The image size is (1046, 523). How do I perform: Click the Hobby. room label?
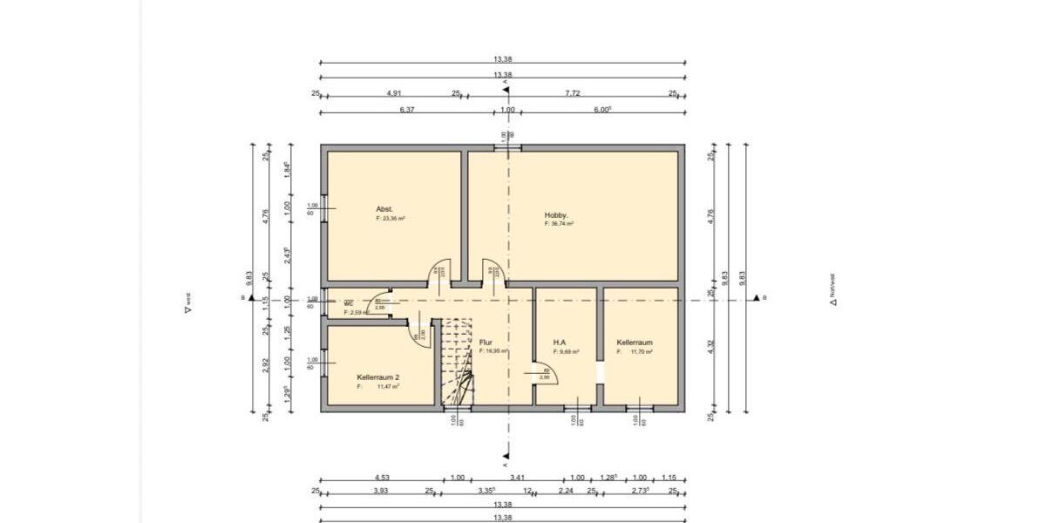point(556,214)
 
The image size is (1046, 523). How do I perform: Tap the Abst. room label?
point(384,209)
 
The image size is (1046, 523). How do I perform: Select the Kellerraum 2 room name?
point(378,377)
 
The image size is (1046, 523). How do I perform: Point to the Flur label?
point(486,343)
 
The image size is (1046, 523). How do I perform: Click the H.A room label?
point(560,343)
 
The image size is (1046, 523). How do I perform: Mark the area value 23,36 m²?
point(391,219)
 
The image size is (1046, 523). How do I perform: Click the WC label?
point(348,303)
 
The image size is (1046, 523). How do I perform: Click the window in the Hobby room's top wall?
point(507,148)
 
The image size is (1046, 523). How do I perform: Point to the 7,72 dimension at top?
point(572,93)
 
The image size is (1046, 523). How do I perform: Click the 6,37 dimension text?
point(405,110)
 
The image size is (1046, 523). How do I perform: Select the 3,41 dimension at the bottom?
point(517,478)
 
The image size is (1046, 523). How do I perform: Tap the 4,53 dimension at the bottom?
point(382,478)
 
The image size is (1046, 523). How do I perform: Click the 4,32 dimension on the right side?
point(711,346)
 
